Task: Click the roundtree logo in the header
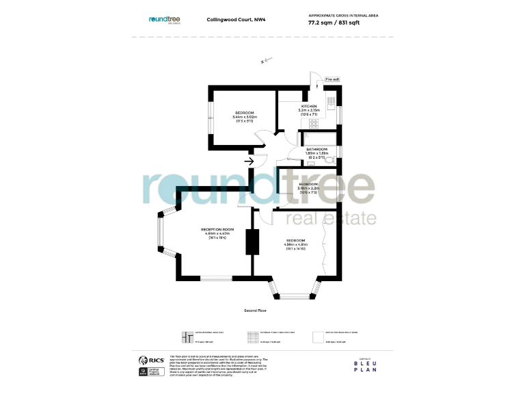(x=165, y=20)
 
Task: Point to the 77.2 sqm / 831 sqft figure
(x=334, y=22)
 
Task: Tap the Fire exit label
(x=332, y=79)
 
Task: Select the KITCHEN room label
(x=309, y=106)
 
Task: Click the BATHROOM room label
(x=317, y=148)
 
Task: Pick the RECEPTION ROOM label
(x=217, y=229)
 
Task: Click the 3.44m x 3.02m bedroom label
(x=245, y=116)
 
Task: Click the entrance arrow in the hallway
(x=249, y=161)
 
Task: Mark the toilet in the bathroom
(x=329, y=161)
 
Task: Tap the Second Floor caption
(x=255, y=311)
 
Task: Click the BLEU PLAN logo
(x=364, y=365)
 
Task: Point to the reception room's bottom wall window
(x=215, y=277)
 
